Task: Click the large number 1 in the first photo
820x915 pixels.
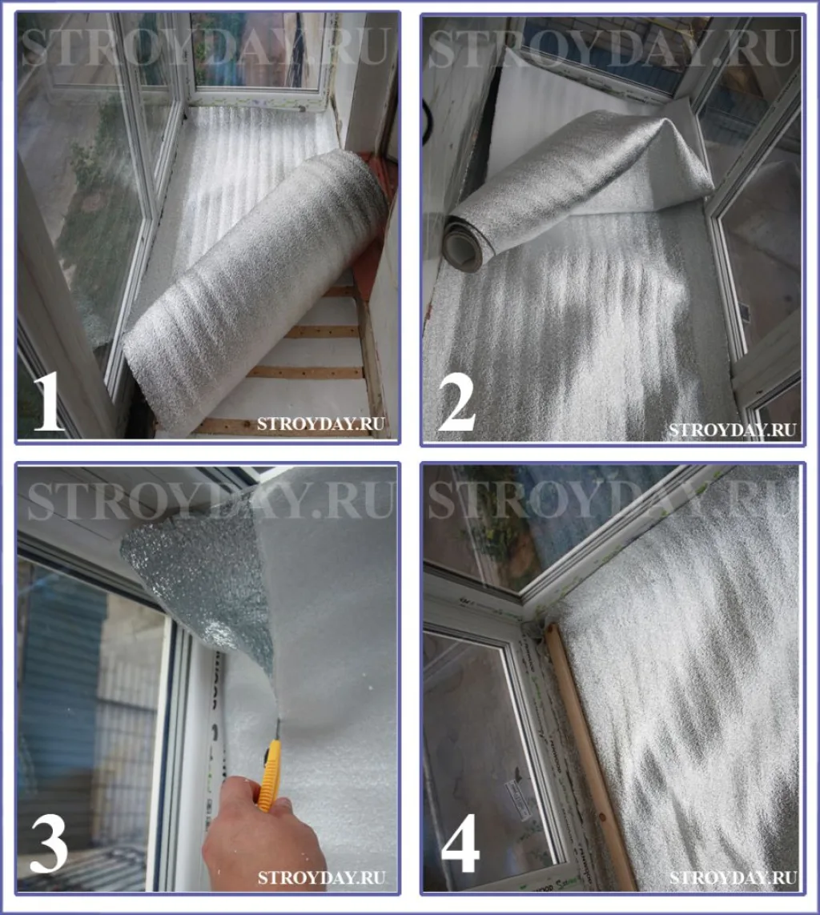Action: pyautogui.click(x=49, y=402)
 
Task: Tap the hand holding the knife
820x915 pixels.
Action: pyautogui.click(x=263, y=834)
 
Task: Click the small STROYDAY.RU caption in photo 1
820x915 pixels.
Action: pyautogui.click(x=320, y=423)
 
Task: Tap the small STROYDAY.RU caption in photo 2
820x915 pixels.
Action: pyautogui.click(x=733, y=430)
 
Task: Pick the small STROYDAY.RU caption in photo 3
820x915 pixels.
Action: pyautogui.click(x=321, y=877)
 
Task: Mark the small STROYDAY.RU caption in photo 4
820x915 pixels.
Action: pyautogui.click(x=733, y=877)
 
